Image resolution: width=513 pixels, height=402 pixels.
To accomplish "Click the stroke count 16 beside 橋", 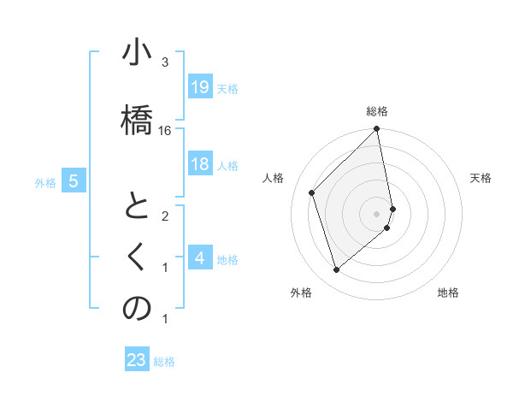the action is pyautogui.click(x=165, y=130).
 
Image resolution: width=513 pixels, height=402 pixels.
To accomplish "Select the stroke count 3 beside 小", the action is pyautogui.click(x=165, y=62).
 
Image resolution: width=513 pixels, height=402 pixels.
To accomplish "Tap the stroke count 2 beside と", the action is pyautogui.click(x=165, y=216).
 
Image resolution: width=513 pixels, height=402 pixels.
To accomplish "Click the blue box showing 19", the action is pyautogui.click(x=199, y=86).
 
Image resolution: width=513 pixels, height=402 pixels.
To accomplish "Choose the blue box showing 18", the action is pyautogui.click(x=199, y=164).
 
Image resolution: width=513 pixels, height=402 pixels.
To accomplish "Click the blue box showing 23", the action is pyautogui.click(x=136, y=360).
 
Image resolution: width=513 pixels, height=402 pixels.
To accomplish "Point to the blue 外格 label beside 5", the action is pyautogui.click(x=45, y=182).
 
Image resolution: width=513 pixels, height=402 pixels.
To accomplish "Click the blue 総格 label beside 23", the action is pyautogui.click(x=164, y=362).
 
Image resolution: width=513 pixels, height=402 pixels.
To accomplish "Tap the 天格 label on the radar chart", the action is pyautogui.click(x=481, y=178).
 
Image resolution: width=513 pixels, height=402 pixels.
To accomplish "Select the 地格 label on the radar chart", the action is pyautogui.click(x=448, y=293).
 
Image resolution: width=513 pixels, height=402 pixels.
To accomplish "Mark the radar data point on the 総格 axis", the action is pyautogui.click(x=377, y=129).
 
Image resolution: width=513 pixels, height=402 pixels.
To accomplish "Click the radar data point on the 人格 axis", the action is pyautogui.click(x=312, y=192).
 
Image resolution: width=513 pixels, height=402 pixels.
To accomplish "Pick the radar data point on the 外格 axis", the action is pyautogui.click(x=336, y=270).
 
